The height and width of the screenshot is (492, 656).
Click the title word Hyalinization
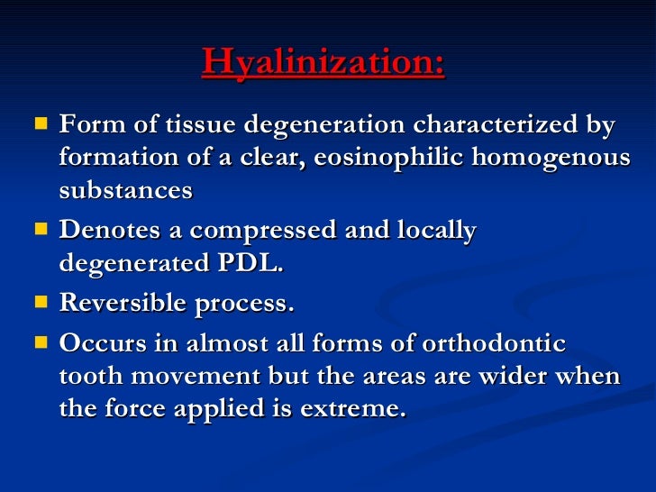click(323, 62)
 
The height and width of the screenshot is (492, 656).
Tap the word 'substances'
click(125, 190)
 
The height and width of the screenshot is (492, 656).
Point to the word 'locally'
click(436, 231)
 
